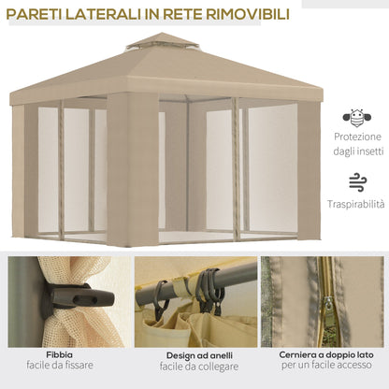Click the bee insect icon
[356, 118]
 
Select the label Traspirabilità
[356, 203]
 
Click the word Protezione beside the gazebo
[356, 137]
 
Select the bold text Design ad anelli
[194, 355]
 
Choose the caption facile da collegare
[194, 367]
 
